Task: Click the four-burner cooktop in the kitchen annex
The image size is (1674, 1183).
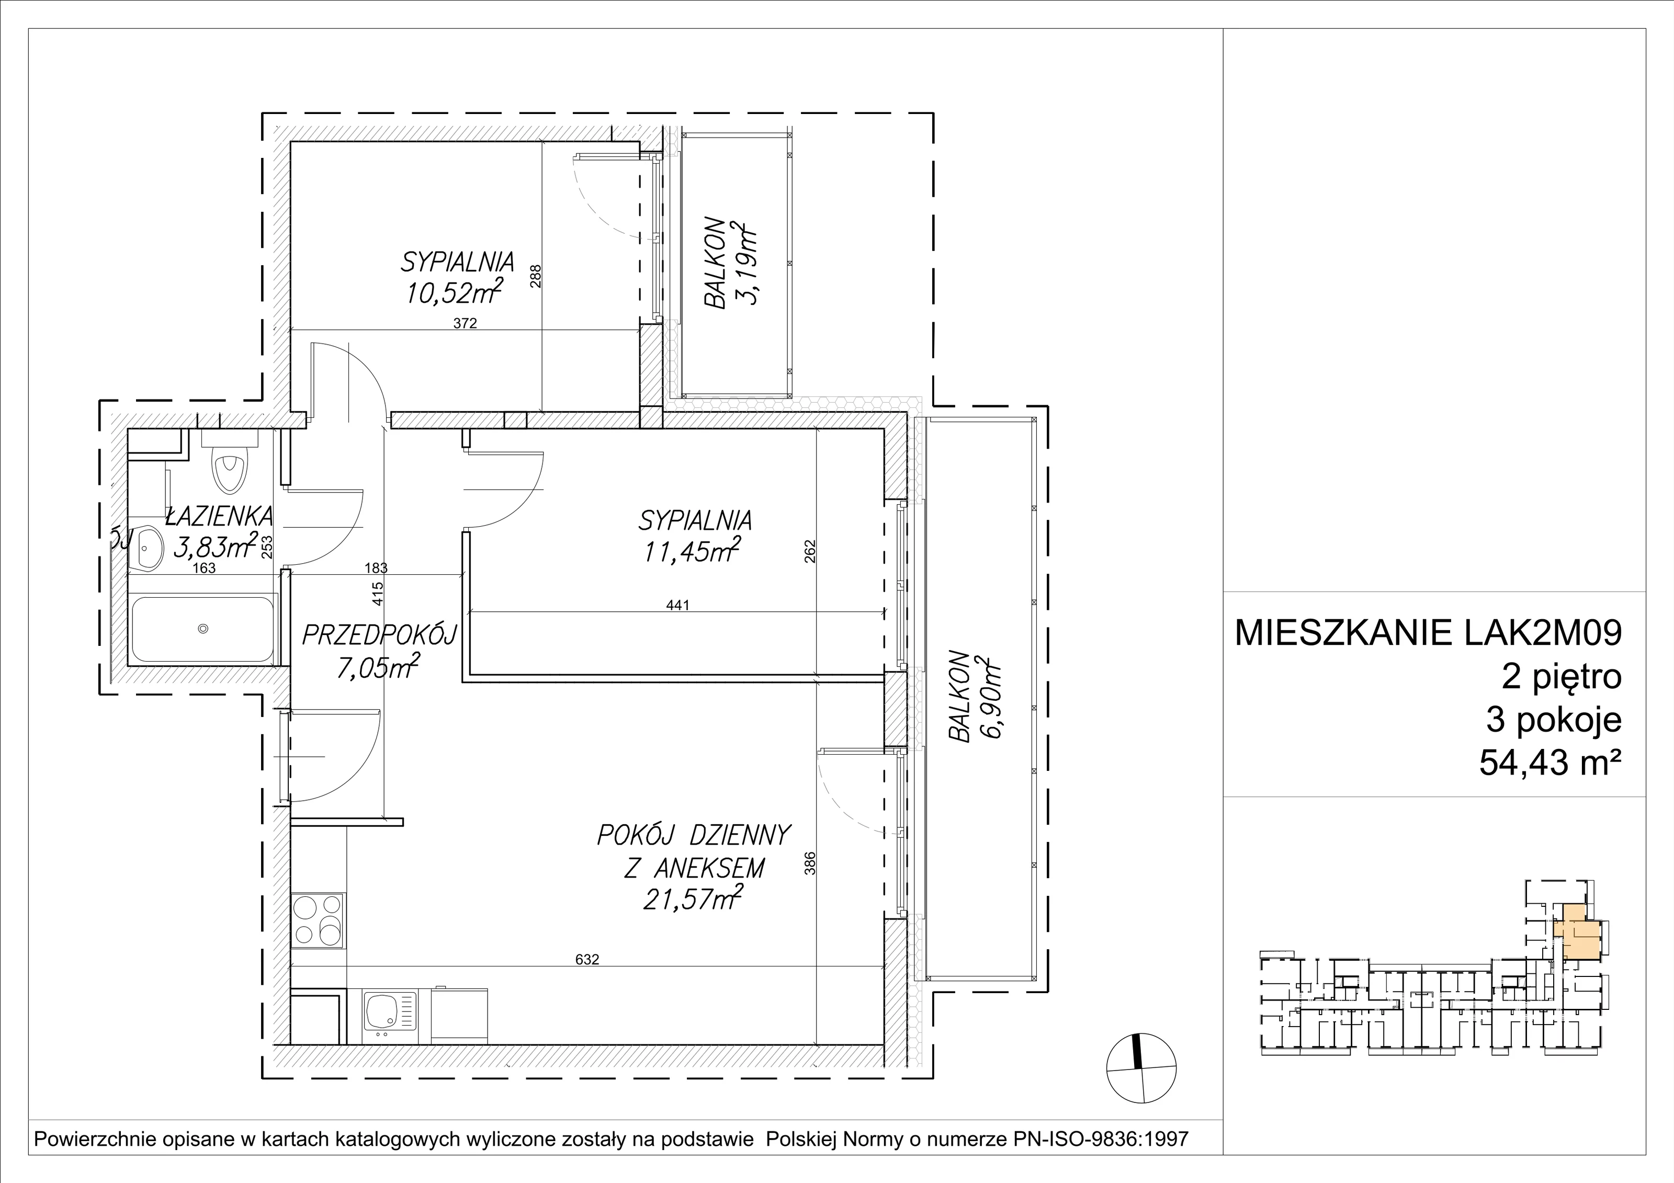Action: click(318, 920)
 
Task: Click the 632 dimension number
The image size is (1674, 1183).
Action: click(587, 959)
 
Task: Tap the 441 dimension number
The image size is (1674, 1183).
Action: click(677, 604)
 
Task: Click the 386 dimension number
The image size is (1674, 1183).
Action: click(809, 863)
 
